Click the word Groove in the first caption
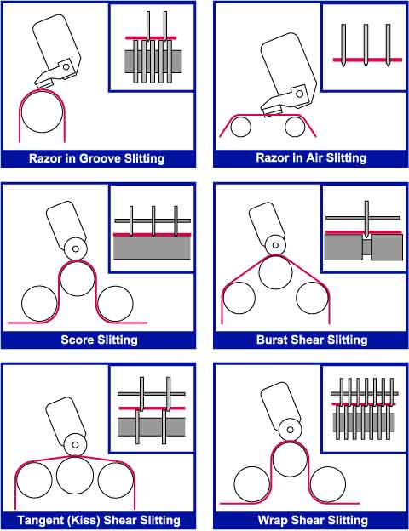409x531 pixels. pos(100,158)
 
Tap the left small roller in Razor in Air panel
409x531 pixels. pos(241,126)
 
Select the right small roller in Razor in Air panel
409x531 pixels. pos(295,126)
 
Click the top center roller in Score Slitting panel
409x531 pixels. pos(78,279)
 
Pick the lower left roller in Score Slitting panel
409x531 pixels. pos(39,304)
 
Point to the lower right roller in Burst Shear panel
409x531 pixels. pos(312,298)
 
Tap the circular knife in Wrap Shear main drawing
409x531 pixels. pos(290,430)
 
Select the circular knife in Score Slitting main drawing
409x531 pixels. pos(76,248)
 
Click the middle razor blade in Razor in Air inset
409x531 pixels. pos(366,45)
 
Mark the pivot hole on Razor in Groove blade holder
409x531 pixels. pos(66,66)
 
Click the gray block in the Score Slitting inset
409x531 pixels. pos(152,248)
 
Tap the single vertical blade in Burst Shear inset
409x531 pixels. pos(366,219)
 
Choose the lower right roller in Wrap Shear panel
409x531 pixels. pos(327,484)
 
